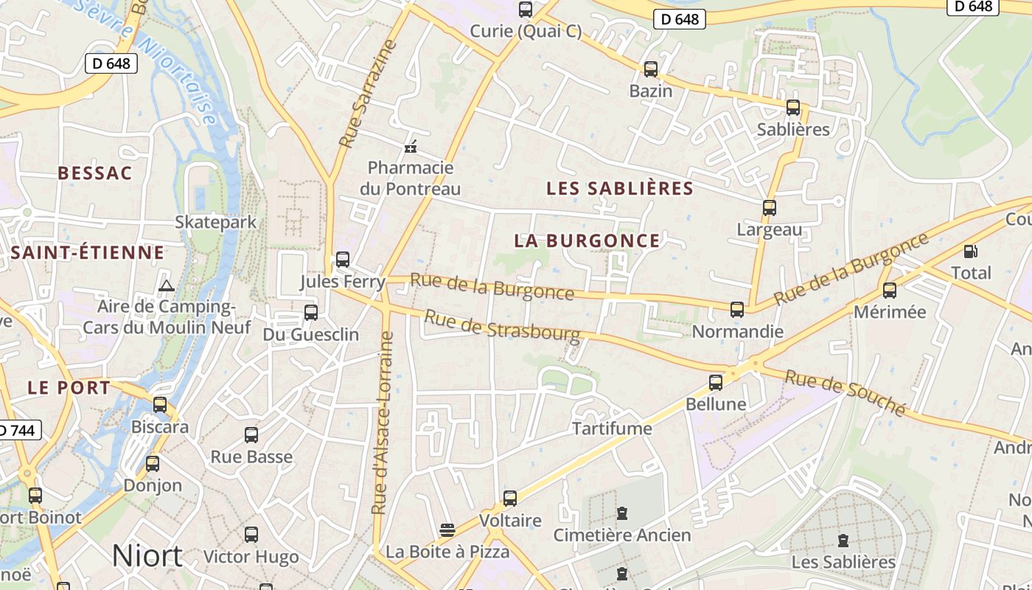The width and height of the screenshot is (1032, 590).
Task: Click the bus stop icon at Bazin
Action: point(651,69)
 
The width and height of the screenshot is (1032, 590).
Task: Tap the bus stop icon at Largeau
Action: point(770,208)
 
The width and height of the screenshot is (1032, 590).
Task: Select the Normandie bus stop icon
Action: point(737,310)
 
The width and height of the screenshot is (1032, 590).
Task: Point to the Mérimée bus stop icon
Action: point(890,291)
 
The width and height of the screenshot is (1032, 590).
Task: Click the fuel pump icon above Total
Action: point(971,251)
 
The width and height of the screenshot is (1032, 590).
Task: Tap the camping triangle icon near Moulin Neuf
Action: point(167,285)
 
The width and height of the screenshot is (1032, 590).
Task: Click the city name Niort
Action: point(147,555)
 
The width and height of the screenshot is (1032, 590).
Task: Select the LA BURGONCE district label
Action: point(588,240)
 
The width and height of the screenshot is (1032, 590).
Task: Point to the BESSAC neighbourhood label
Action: point(95,173)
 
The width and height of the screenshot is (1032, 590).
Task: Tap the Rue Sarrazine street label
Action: point(367,93)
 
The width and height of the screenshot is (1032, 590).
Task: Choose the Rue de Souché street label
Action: point(845,392)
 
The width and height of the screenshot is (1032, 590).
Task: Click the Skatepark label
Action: point(216,222)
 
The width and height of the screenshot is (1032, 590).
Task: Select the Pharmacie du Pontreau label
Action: point(411,178)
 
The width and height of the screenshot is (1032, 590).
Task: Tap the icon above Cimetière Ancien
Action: point(622,513)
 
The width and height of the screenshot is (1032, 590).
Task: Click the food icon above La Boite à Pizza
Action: point(447,530)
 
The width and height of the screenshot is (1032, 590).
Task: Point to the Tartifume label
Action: point(613,428)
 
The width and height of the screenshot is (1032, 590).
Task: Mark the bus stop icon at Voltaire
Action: point(510,499)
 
